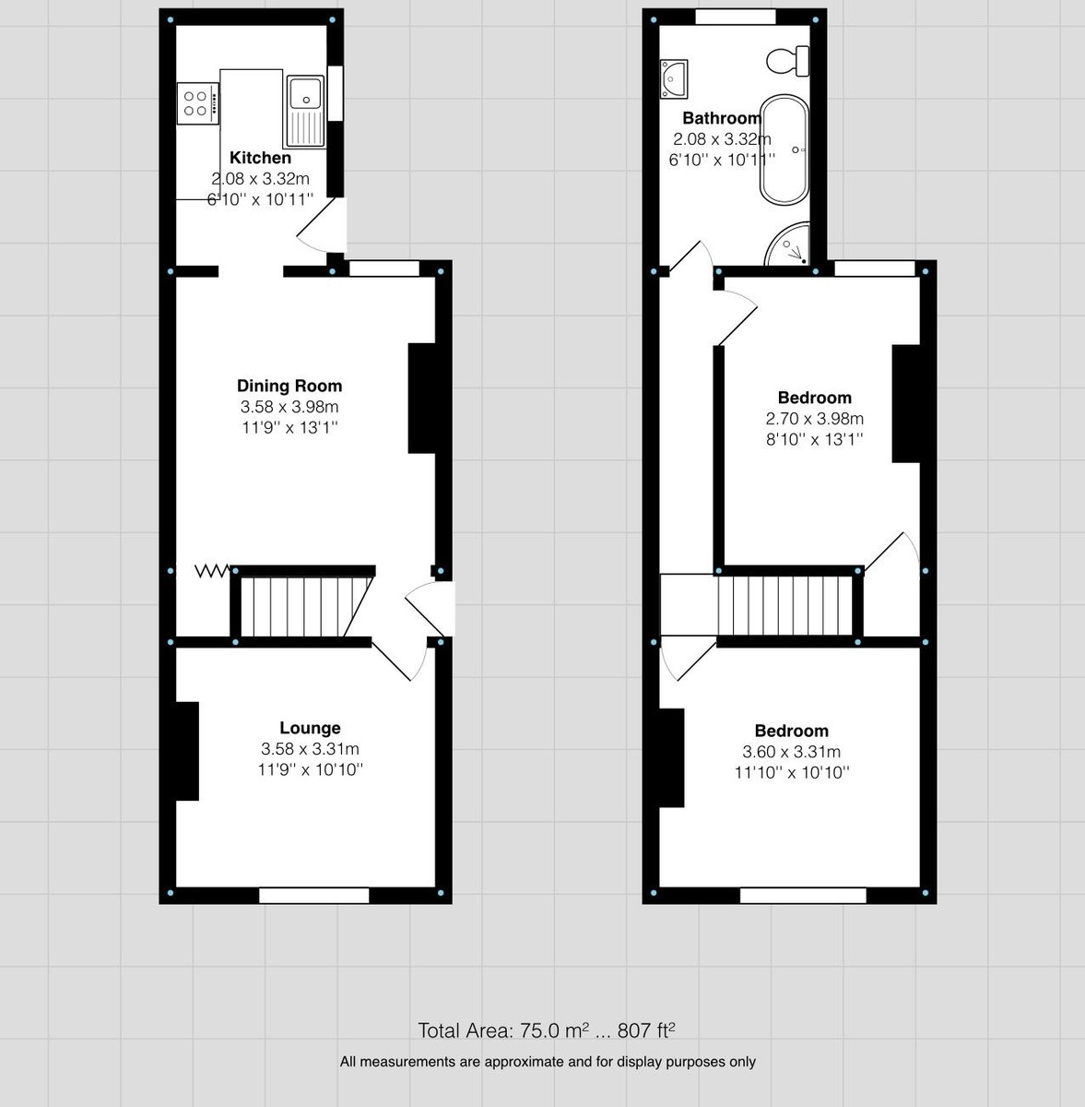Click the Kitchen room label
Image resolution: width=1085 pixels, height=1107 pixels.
point(260,158)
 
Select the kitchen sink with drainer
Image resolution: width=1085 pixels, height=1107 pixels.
point(306,110)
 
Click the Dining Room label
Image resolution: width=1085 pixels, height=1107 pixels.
point(289,386)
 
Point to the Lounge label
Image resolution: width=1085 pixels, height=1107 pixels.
point(310,728)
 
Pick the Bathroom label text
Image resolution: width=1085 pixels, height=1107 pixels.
point(721,118)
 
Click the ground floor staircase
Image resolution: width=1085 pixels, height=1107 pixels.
point(301,605)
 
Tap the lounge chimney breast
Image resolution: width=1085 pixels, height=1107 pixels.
point(188,750)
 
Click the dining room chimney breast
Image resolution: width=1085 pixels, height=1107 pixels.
point(422,398)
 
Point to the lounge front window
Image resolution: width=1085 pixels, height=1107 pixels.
point(313,895)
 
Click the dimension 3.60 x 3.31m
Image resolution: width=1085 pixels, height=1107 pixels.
point(791,752)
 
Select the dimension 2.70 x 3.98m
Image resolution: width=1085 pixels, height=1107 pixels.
point(814,419)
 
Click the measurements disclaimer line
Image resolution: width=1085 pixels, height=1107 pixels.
point(548,1062)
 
